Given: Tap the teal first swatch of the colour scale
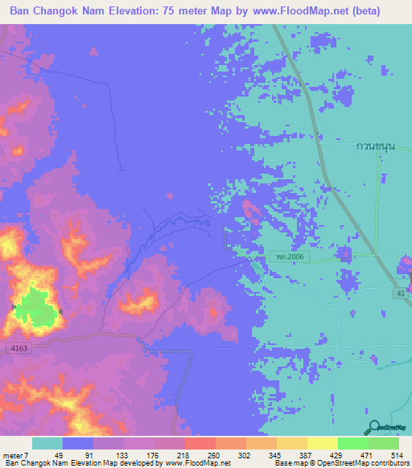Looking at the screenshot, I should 47,443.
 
